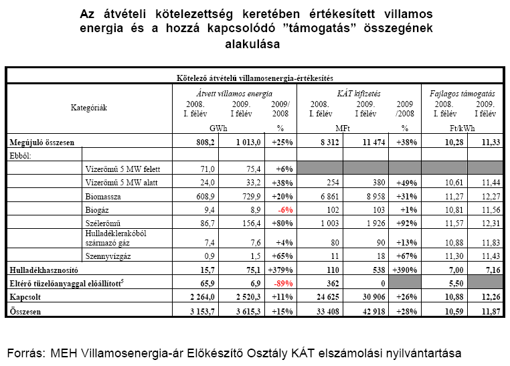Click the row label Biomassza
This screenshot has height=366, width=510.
(104, 197)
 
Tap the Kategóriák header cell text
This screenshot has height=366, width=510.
(89, 107)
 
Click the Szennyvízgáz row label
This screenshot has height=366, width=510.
(107, 257)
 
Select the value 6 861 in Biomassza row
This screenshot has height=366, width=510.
(326, 197)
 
